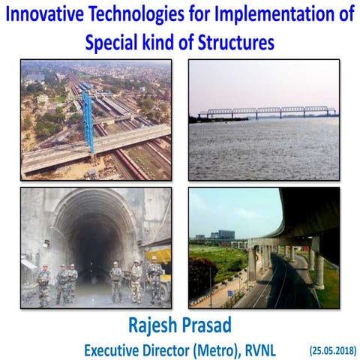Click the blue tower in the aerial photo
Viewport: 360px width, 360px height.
[x=88, y=120]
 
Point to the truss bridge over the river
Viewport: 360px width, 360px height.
[x=266, y=112]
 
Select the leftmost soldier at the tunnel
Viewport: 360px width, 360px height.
[x=44, y=286]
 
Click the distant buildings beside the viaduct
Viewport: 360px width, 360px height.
[x=223, y=235]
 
